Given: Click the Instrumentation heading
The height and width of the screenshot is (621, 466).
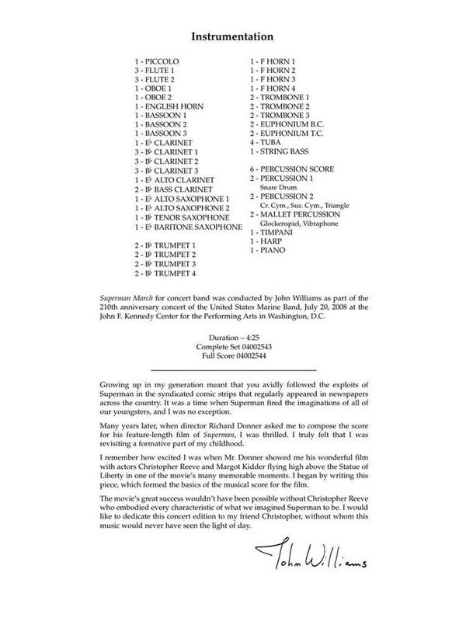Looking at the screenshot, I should [x=233, y=36].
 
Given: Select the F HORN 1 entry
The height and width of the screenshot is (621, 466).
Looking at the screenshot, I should [x=272, y=61].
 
